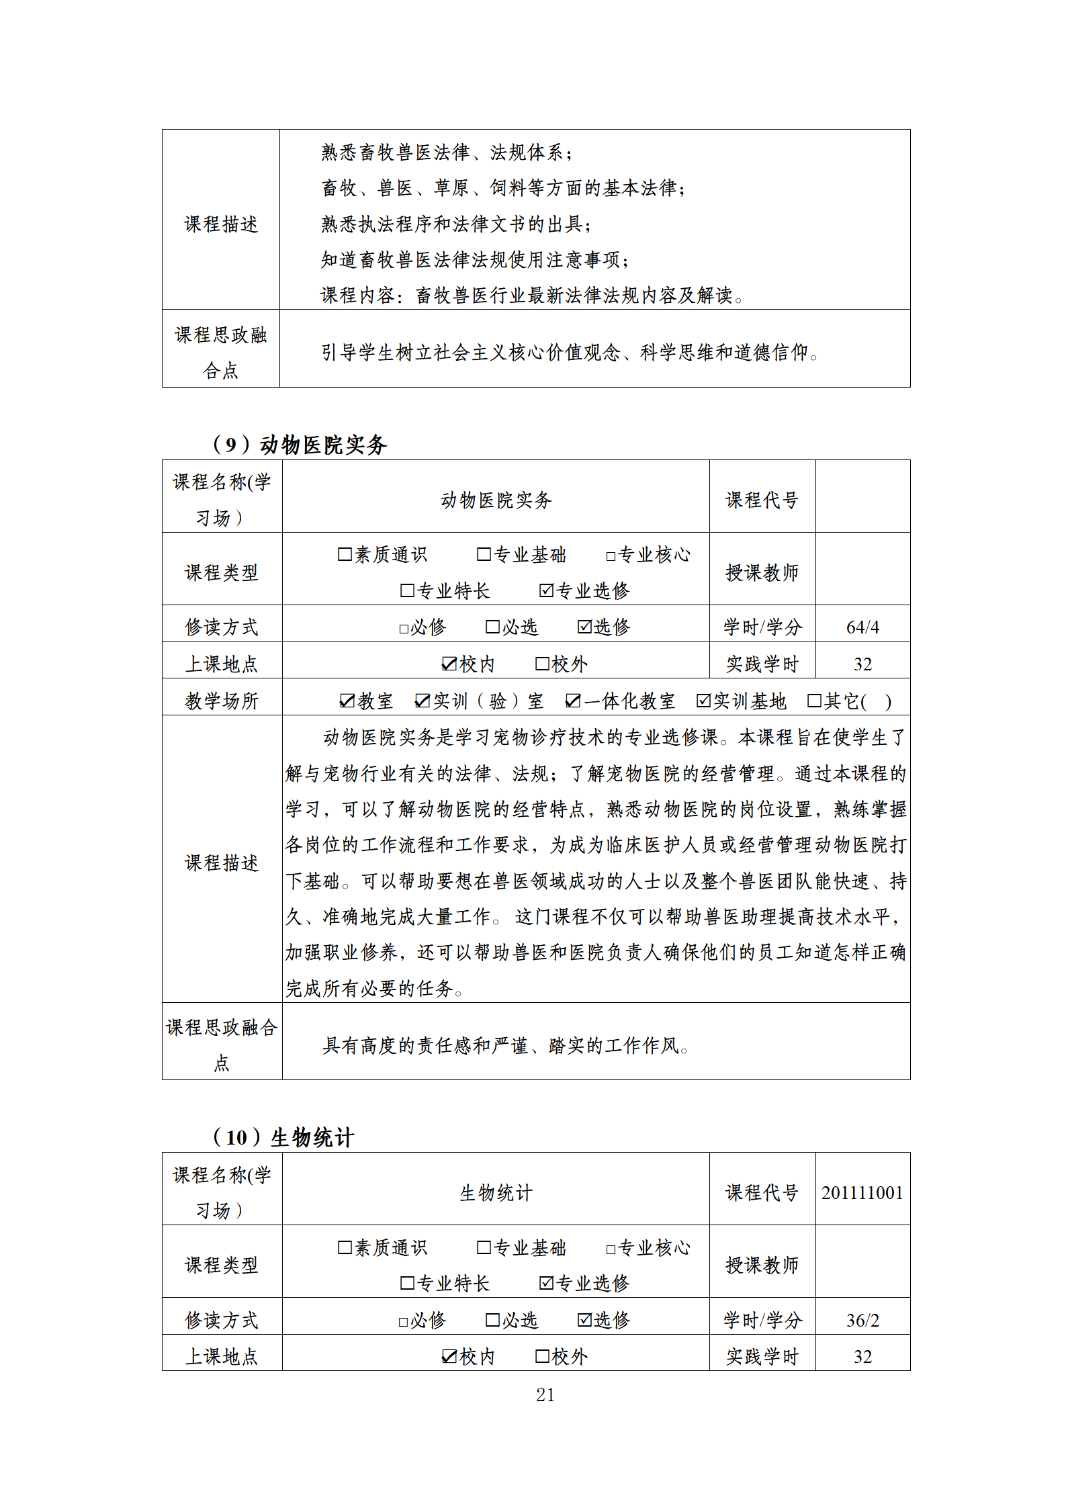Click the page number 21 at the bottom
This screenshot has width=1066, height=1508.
coord(545,1394)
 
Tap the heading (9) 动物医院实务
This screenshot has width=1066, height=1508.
coord(300,444)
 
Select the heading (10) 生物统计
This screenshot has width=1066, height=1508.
coord(283,1137)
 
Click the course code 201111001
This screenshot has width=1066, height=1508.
coord(862,1192)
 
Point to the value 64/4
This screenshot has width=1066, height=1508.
coord(862,627)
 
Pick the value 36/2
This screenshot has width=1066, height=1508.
coord(862,1320)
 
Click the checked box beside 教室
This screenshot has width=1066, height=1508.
coord(347,701)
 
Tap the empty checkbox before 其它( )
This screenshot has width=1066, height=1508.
coord(814,701)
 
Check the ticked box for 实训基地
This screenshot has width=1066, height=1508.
coord(703,701)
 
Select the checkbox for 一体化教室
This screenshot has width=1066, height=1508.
coord(572,701)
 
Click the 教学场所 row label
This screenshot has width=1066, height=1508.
coord(221,701)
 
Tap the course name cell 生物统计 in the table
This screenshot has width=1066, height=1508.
coord(496,1192)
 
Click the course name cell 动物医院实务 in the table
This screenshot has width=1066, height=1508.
coord(496,499)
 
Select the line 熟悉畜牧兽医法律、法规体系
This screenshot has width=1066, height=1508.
coord(447,152)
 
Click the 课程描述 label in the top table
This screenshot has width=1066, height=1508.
coord(221,224)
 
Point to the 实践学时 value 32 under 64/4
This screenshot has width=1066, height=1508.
coord(862,664)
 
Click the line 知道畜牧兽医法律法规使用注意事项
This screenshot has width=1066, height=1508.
coord(475,259)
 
